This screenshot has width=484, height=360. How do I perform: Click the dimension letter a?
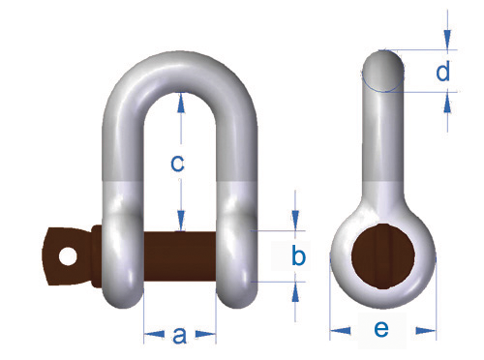tap(180, 335)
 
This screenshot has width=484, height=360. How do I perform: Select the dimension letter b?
tap(298, 255)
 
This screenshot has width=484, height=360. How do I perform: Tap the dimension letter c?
tap(177, 164)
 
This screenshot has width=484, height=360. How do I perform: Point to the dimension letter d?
tap(442, 71)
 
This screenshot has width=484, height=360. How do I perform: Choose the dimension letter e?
tap(381, 329)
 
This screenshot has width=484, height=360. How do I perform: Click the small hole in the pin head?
tap(68, 256)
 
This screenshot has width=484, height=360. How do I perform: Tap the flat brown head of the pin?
tap(66, 256)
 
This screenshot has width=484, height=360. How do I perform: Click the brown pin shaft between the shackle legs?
tap(179, 256)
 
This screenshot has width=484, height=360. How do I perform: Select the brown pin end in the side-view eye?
tap(383, 255)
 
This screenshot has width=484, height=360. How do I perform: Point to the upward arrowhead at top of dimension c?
tap(181, 103)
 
